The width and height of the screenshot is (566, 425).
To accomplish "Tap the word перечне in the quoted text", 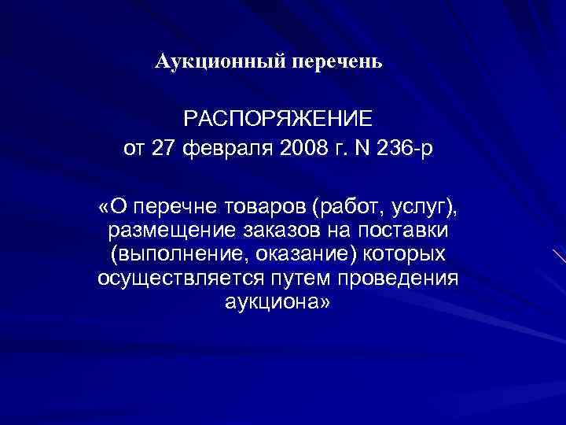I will coord(173,207).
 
